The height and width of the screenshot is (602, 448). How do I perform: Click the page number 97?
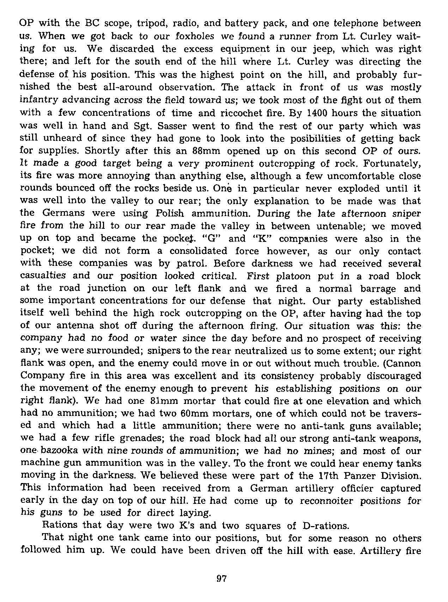[x=221, y=578]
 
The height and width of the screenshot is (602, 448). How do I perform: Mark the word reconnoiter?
[x=326, y=501]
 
